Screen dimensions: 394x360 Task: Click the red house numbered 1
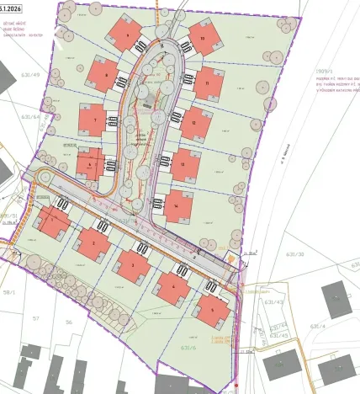[x=54, y=223]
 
